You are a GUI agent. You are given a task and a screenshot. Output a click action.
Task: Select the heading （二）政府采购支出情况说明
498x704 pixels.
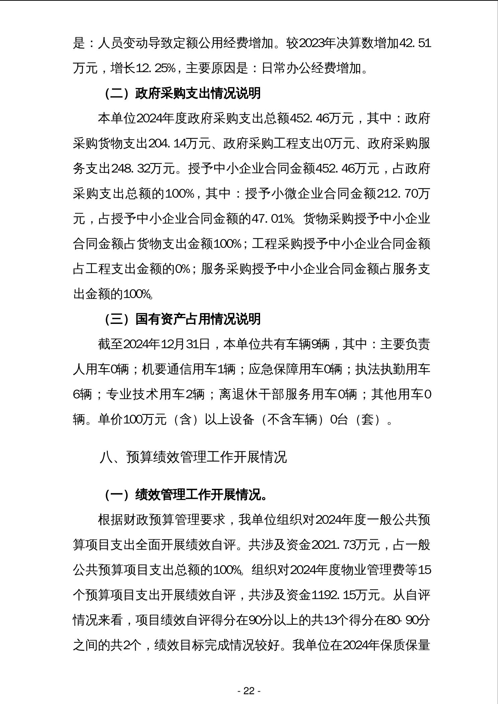pyautogui.click(x=183, y=93)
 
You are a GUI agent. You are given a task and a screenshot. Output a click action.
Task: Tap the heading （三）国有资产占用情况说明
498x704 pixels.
pyautogui.click(x=183, y=319)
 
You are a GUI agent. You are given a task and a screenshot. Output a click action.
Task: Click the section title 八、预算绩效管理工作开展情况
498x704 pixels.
pyautogui.click(x=193, y=457)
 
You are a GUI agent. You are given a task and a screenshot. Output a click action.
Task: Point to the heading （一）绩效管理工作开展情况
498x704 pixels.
pyautogui.click(x=186, y=495)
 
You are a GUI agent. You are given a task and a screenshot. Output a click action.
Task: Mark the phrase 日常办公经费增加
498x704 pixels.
pyautogui.click(x=312, y=68)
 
